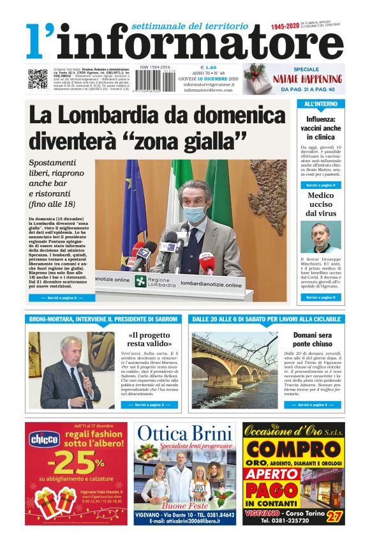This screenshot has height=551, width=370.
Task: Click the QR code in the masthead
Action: click(38, 79)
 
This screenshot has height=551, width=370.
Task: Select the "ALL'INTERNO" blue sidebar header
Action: click(321, 103)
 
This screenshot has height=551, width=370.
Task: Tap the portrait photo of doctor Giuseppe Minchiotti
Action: click(321, 237)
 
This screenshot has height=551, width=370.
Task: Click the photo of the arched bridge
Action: click(234, 370)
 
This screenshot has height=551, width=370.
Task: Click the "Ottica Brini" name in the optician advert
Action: click(185, 434)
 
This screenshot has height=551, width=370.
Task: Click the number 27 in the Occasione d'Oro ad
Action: click(334, 515)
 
